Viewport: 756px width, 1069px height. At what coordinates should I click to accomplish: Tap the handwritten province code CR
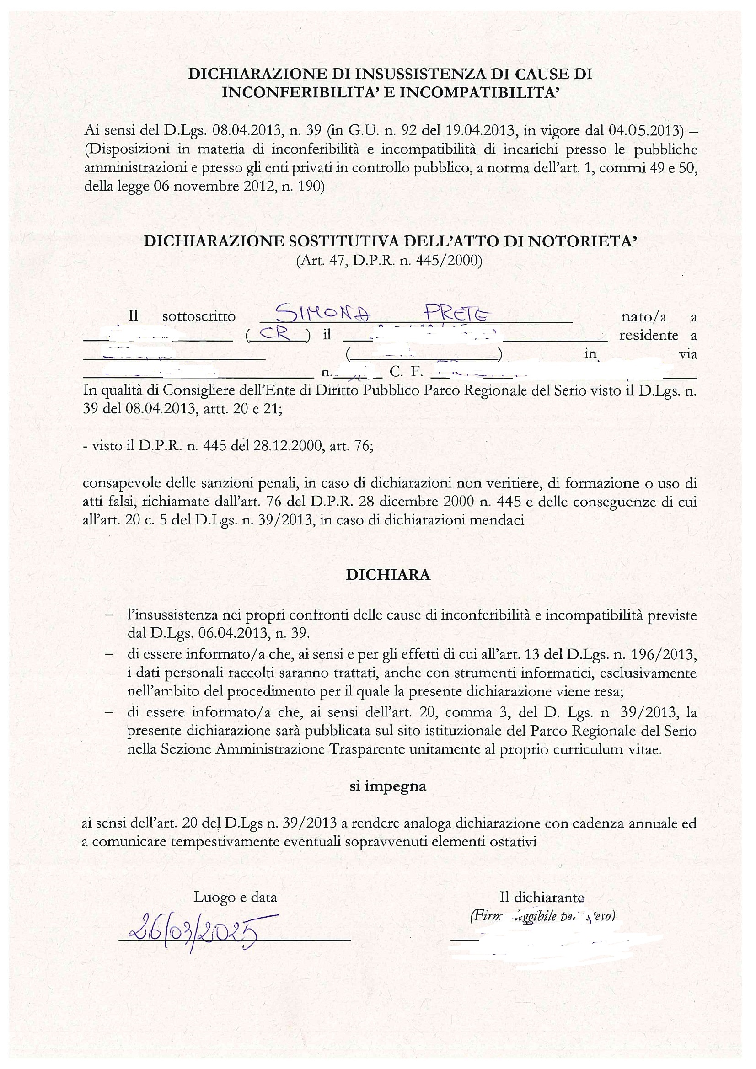point(277,334)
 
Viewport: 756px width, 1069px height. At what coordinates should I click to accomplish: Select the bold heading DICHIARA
point(388,575)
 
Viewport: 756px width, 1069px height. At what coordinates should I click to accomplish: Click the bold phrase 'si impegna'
point(388,786)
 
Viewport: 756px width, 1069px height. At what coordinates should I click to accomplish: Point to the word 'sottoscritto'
point(199,316)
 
